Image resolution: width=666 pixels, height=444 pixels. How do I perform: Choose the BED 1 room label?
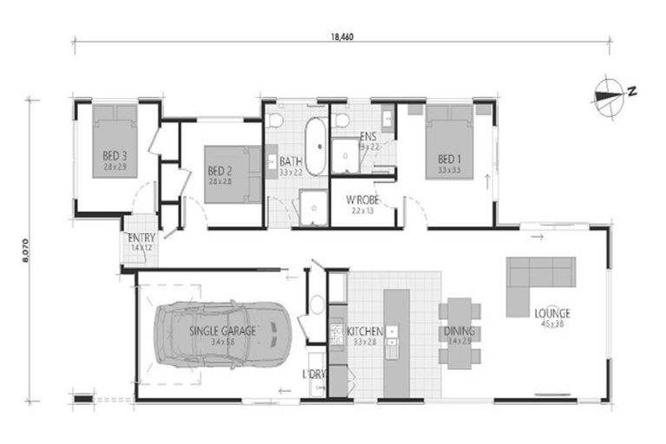[x=447, y=160]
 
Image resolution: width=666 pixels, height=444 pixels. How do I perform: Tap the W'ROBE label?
[x=363, y=199]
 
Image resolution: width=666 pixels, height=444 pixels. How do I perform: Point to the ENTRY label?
[x=140, y=238]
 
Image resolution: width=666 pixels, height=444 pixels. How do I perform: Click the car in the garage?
[x=224, y=334]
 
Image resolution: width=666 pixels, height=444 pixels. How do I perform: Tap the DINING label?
[x=458, y=331]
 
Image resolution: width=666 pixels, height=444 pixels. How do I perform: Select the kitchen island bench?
[x=396, y=324]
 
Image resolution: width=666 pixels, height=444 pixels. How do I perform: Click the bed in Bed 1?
[x=449, y=143]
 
